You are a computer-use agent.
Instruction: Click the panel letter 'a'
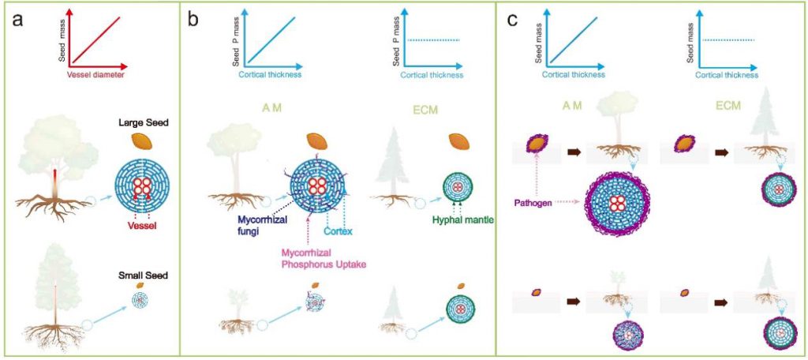pyautogui.click(x=19, y=21)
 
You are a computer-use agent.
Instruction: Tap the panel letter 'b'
pyautogui.click(x=193, y=21)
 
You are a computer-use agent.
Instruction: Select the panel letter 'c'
pyautogui.click(x=512, y=21)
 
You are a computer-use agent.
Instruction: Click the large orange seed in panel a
pyautogui.click(x=143, y=142)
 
